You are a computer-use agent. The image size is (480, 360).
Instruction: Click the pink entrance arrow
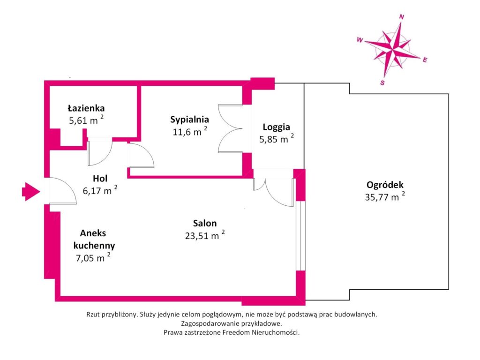[x=31, y=192]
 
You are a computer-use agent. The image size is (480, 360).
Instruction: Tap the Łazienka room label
[x=86, y=108]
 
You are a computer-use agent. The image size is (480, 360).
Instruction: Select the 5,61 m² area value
[x=86, y=120]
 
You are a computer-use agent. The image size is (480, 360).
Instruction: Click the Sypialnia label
[x=189, y=120]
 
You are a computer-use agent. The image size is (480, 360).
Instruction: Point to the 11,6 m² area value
[x=190, y=132]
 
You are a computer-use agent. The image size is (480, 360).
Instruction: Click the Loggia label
[x=276, y=127]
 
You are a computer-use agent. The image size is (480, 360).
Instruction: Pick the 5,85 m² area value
[x=277, y=139]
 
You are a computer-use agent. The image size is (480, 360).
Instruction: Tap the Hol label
[x=100, y=178]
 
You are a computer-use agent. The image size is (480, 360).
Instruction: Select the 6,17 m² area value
[x=100, y=190]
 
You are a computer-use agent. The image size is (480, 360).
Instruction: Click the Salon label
[x=205, y=223]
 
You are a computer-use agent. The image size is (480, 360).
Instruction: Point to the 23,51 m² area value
[x=205, y=235]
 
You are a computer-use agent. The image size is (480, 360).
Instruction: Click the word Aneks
[x=93, y=233]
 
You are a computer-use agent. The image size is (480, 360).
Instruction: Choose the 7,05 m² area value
[x=93, y=258]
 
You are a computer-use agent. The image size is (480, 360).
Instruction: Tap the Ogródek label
[x=385, y=185]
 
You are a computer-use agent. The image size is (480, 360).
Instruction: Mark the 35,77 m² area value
[x=385, y=197]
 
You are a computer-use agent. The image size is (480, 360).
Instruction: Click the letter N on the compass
[x=402, y=17]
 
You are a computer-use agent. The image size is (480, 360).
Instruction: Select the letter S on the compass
[x=382, y=82]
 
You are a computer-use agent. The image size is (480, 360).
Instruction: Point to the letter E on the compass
[x=425, y=60]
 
